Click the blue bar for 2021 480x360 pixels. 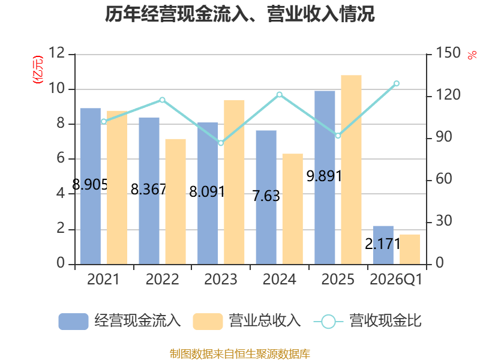tap(91, 186)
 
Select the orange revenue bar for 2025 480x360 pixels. tap(351, 170)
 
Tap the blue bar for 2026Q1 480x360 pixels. tap(383, 245)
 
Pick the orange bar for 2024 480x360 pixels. tap(293, 209)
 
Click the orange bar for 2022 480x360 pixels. tap(176, 202)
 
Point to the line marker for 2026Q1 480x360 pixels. tap(397, 83)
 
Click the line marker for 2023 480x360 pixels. tap(221, 143)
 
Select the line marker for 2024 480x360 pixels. tap(280, 95)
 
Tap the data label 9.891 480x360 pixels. tap(324, 176)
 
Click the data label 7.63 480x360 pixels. tap(266, 196)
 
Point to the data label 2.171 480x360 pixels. tap(383, 244)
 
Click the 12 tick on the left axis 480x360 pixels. tap(56, 53)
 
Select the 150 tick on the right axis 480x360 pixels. tap(448, 53)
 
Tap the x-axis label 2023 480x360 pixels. tap(221, 279)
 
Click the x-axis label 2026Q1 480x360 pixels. tap(396, 279)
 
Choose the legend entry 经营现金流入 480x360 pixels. tap(119, 321)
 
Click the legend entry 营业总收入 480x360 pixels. tap(247, 321)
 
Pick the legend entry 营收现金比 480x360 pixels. tap(368, 321)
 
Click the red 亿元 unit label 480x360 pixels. tap(38, 70)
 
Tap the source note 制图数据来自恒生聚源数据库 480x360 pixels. tap(240, 354)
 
